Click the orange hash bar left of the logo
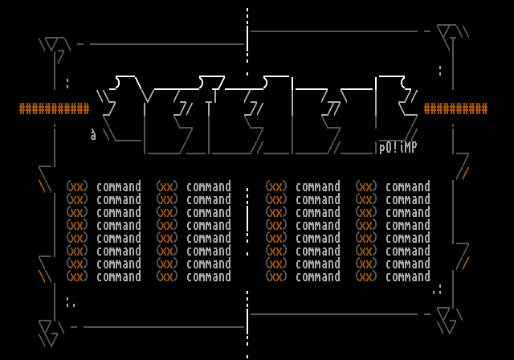(54, 109)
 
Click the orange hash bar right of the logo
(455, 109)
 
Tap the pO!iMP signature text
(398, 147)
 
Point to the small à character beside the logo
(93, 135)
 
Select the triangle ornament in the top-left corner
(51, 43)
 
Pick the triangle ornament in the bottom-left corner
(48, 329)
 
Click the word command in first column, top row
(118, 186)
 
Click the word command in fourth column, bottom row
(407, 276)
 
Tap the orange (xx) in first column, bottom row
(76, 276)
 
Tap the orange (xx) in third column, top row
(275, 186)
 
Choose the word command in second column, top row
(208, 186)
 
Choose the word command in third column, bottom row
(317, 276)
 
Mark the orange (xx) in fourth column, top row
(365, 186)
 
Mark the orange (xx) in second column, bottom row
(166, 276)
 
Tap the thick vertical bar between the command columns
(247, 219)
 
